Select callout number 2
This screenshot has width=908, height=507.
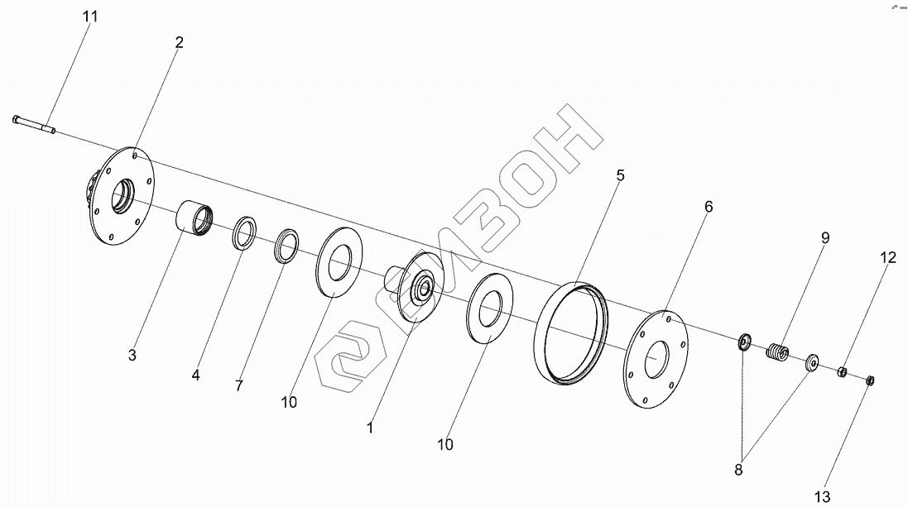179,42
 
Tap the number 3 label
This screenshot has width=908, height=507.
132,356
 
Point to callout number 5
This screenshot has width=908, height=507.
620,175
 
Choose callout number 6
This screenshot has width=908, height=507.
709,206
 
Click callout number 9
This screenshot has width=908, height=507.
825,237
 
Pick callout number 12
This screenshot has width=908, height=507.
887,258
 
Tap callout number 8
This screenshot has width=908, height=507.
738,470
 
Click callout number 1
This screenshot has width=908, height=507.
370,428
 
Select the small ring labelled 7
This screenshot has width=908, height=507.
287,246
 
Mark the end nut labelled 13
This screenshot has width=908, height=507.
870,380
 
